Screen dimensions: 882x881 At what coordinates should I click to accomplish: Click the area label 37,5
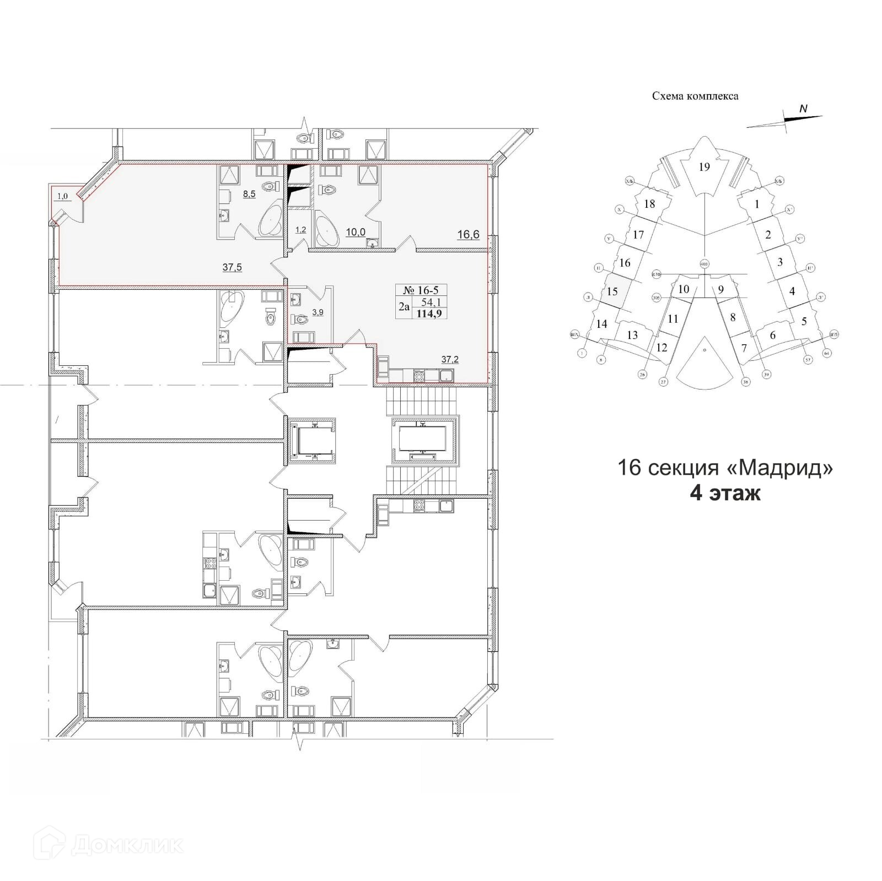coord(232,268)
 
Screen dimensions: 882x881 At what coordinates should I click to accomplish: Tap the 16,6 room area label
coord(468,235)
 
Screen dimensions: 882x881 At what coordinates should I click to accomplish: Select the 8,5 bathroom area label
coord(249,194)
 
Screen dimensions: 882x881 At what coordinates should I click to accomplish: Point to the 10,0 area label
coord(356,232)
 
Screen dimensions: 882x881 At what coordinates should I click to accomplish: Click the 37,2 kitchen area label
coord(450,360)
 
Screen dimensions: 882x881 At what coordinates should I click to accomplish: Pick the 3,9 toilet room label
coord(318,312)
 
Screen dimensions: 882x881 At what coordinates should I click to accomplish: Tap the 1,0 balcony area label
coord(63,196)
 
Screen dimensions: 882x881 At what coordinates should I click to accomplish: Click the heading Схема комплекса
coord(695,96)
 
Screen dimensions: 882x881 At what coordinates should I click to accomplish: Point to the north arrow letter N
coord(803,109)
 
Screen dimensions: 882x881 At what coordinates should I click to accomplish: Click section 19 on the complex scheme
coord(704,167)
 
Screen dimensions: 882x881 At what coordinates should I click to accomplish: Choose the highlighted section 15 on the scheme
coord(612,291)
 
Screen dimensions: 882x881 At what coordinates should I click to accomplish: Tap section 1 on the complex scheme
coord(757,204)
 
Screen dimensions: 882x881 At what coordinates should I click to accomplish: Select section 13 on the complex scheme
coord(632,335)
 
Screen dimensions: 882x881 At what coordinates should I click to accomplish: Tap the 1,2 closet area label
coord(300,230)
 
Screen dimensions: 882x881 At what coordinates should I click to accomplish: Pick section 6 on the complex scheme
coord(772,335)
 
